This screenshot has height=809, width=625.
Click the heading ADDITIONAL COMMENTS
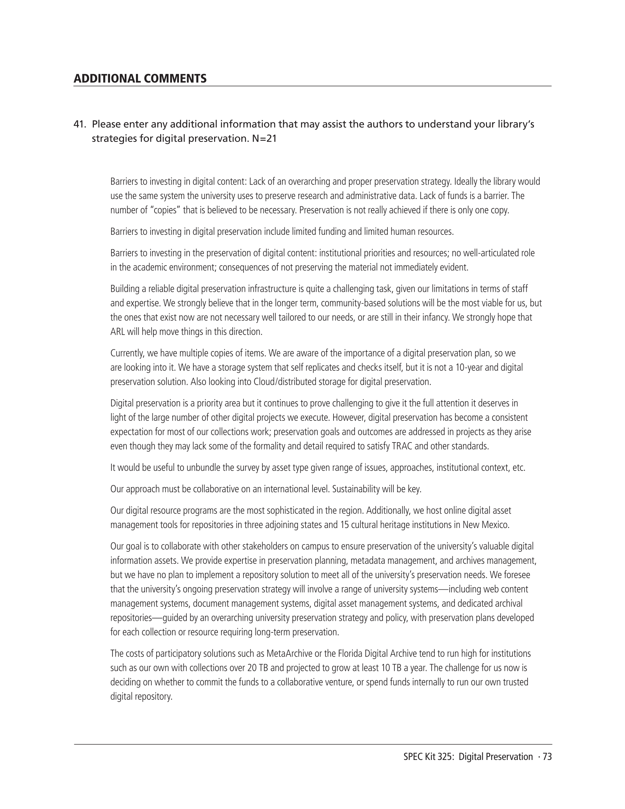click(x=140, y=78)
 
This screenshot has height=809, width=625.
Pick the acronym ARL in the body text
click(x=117, y=331)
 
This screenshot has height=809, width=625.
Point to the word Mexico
click(x=496, y=525)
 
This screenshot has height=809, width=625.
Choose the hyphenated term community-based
click(x=353, y=303)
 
